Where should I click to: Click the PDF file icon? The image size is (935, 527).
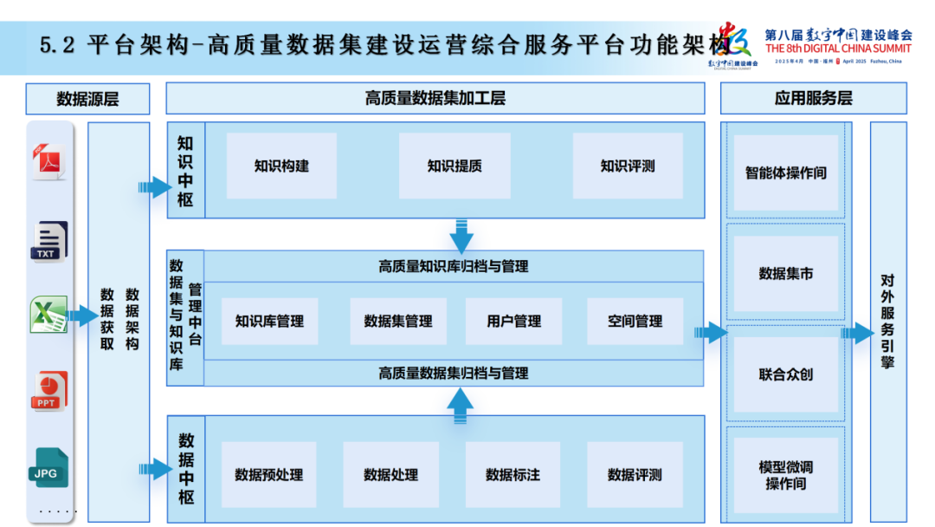[x=48, y=162]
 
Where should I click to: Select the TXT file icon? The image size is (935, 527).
[x=50, y=240]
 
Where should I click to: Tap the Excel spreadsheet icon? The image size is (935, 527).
[x=49, y=315]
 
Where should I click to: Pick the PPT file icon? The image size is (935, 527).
[x=50, y=391]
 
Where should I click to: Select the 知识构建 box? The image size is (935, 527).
[x=281, y=166]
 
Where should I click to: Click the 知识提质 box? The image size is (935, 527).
[x=455, y=166]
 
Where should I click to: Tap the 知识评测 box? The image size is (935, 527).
[x=628, y=166]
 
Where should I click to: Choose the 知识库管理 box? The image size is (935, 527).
[x=269, y=322]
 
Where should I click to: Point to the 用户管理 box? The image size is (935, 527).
[x=513, y=322]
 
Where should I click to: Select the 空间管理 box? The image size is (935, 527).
[x=635, y=322]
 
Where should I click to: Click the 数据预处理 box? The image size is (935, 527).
[x=269, y=475]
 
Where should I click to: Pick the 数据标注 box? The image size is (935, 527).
[x=513, y=475]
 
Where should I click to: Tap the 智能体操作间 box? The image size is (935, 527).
[x=786, y=173]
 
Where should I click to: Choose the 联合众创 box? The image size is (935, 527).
[x=786, y=374]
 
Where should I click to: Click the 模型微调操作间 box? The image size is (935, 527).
[x=786, y=475]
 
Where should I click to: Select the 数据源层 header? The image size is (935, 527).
[x=87, y=99]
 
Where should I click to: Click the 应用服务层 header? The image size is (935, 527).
[x=813, y=99]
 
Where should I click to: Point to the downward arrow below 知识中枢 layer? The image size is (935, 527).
[x=461, y=236]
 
